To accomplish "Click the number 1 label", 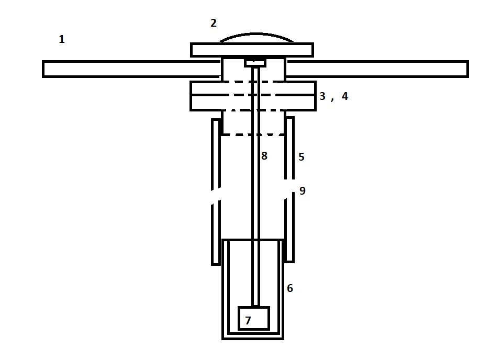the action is tap(62, 39).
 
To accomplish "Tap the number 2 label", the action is tap(214, 23).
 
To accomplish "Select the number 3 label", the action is tap(322, 96).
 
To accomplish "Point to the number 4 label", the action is tap(345, 96).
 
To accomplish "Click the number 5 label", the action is tap(302, 157).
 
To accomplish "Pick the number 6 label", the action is tap(290, 288).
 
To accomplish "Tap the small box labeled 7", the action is tap(254, 318).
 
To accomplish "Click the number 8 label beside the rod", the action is tap(264, 156).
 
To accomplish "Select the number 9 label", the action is tap(303, 190).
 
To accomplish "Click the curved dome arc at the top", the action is tap(256, 33).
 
